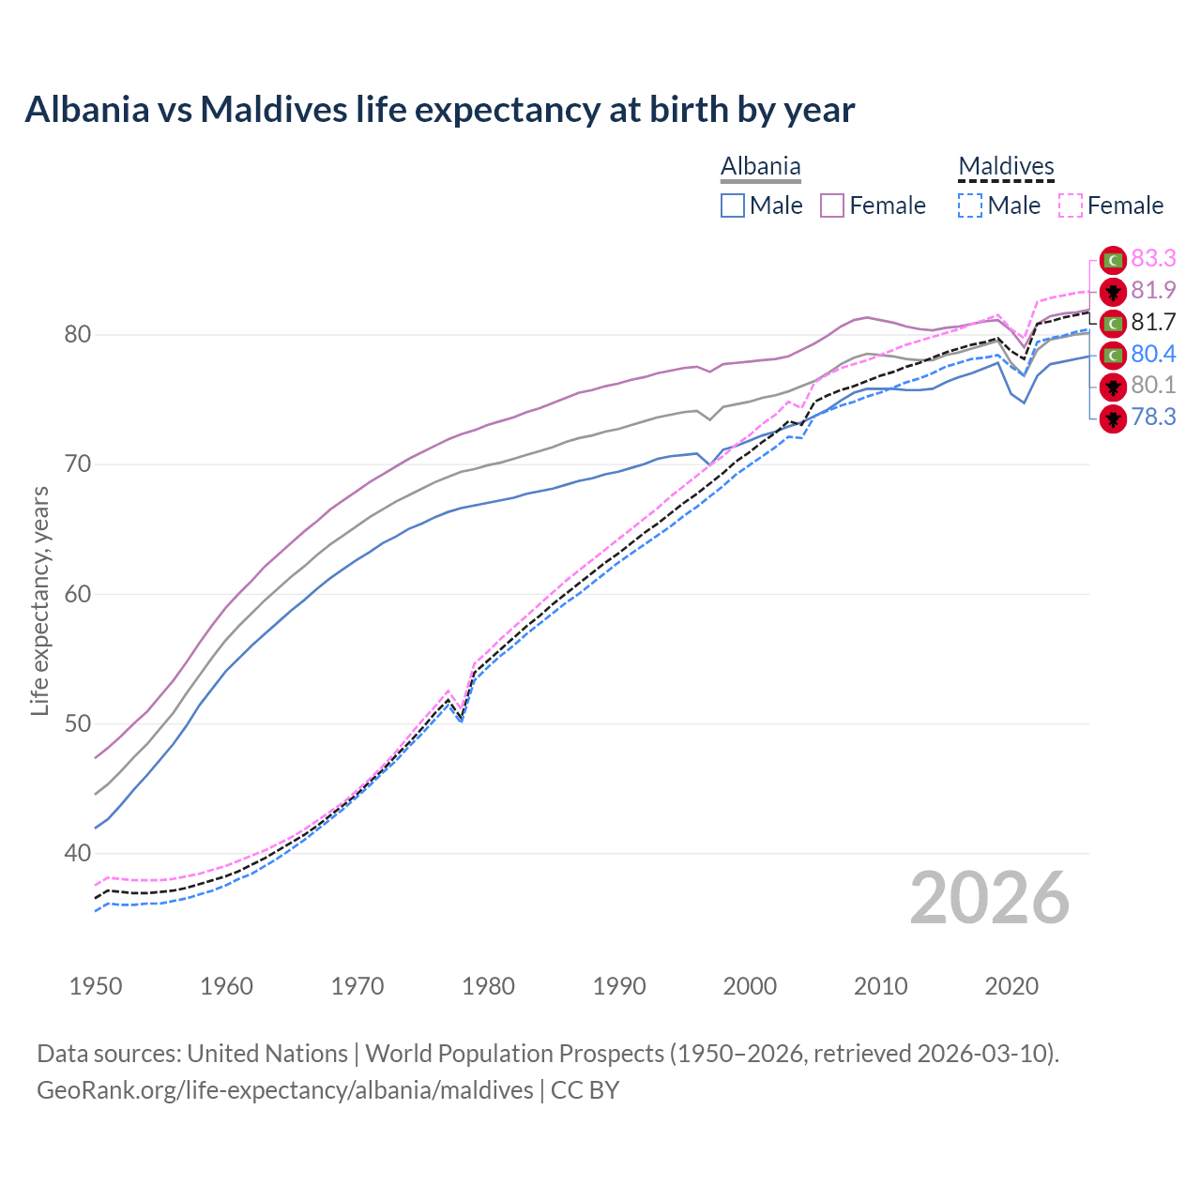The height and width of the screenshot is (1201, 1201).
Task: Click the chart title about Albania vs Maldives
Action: point(439,110)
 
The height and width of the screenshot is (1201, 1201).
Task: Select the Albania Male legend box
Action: point(733,205)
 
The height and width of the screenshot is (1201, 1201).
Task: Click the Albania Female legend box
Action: point(832,205)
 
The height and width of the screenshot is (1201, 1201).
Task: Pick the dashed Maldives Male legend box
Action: point(970,205)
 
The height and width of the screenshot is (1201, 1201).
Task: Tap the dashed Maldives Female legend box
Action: point(1071,205)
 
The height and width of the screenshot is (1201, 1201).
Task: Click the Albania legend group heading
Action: point(760,167)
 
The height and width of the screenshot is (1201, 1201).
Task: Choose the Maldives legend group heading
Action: point(1006,167)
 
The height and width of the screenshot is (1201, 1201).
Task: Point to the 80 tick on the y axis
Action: point(77,335)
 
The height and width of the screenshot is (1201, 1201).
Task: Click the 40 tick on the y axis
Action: point(77,854)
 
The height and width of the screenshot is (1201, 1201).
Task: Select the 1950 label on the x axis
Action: point(96,986)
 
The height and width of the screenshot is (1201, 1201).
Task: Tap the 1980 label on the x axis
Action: point(488,986)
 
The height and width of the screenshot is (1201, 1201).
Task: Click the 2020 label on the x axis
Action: point(1011,986)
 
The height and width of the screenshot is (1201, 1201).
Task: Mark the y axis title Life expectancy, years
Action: point(39,600)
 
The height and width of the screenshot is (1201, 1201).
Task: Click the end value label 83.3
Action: point(1153,259)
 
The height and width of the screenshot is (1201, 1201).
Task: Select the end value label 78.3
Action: point(1153,418)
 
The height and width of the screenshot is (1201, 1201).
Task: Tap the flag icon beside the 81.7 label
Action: point(1113,323)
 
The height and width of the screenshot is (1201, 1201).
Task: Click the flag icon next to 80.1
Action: point(1113,386)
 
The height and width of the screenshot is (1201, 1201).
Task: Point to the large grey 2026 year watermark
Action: point(989,899)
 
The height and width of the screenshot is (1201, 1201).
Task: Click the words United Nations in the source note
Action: point(267,1054)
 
